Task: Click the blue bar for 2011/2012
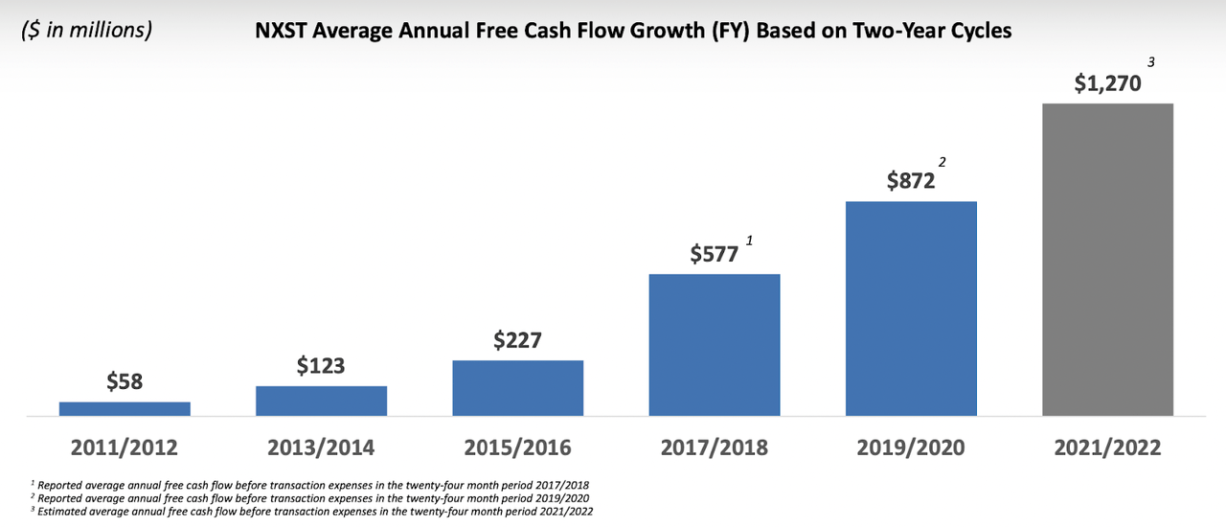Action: tap(125, 408)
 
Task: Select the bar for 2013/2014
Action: tap(321, 401)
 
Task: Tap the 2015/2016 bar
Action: tap(517, 388)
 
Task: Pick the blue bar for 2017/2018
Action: tap(715, 345)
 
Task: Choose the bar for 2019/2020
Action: tap(911, 309)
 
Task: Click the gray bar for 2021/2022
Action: tap(1107, 259)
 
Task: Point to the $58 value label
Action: tap(124, 381)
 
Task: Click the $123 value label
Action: tap(321, 365)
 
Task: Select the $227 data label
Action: tap(517, 340)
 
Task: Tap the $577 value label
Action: tap(715, 254)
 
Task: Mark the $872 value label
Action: tap(909, 180)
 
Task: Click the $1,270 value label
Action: tap(1107, 82)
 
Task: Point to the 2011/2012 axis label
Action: tap(125, 447)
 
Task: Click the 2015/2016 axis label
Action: tap(517, 447)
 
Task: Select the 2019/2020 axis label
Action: tap(911, 447)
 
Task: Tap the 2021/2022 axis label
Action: tap(1107, 447)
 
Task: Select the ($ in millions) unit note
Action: tap(86, 30)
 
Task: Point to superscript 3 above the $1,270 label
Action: tap(1152, 62)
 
